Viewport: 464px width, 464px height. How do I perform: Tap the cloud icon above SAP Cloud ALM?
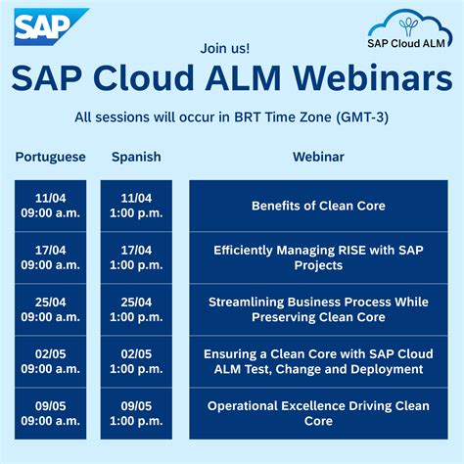[x=402, y=23]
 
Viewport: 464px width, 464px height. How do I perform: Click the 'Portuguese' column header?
[x=51, y=157]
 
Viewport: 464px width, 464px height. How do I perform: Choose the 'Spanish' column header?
[x=136, y=157]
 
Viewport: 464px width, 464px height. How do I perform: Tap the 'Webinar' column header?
[x=318, y=157]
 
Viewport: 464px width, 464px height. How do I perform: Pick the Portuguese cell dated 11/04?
[x=51, y=206]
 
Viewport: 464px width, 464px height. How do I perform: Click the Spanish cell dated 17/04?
[x=136, y=257]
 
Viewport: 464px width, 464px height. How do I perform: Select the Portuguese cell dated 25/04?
[x=51, y=309]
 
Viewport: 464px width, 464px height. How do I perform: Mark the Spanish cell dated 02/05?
[x=136, y=361]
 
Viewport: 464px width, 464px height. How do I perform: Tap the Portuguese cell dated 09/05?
[x=51, y=413]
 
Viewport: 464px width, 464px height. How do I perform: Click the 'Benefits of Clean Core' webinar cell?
[x=318, y=206]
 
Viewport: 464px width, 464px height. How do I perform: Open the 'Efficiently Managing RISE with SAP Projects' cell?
[x=318, y=257]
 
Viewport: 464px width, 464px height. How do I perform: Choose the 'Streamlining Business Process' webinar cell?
[x=318, y=309]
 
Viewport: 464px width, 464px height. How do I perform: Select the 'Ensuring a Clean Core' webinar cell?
[x=318, y=361]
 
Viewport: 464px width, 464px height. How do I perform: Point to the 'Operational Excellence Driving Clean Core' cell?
[x=318, y=413]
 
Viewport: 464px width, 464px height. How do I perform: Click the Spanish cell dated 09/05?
[x=136, y=413]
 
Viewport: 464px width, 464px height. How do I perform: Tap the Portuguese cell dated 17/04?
[x=51, y=257]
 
